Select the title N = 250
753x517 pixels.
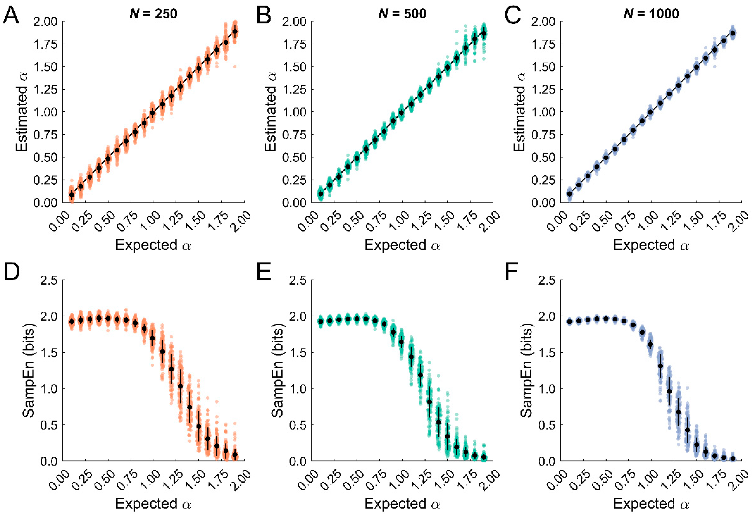coord(153,14)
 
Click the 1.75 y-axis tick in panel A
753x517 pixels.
coord(45,44)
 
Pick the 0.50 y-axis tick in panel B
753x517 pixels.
coord(294,157)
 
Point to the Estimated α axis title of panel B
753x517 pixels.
coord(271,112)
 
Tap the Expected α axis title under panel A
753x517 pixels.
coord(153,245)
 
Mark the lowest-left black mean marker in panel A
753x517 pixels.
coord(72,195)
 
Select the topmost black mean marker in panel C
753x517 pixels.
coord(733,33)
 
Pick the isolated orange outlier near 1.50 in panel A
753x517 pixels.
coord(234,66)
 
